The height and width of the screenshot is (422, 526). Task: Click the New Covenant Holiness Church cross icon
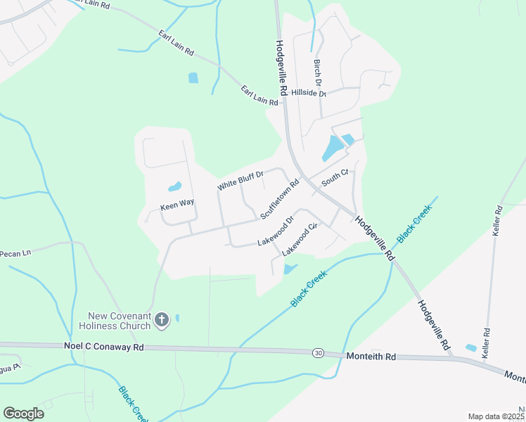pyautogui.click(x=161, y=321)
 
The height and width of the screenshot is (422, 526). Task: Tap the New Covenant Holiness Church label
pyautogui.click(x=120, y=321)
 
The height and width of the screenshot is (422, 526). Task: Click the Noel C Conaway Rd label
pyautogui.click(x=104, y=347)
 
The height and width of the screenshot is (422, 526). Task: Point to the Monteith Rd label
pyautogui.click(x=371, y=357)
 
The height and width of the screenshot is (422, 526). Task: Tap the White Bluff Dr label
pyautogui.click(x=240, y=181)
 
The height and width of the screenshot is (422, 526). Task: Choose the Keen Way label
pyautogui.click(x=177, y=203)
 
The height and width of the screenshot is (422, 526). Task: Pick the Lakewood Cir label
pyautogui.click(x=300, y=240)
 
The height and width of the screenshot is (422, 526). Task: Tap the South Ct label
pyautogui.click(x=335, y=178)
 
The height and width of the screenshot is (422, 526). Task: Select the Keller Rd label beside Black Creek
pyautogui.click(x=498, y=219)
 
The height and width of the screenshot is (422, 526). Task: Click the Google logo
pyautogui.click(x=23, y=413)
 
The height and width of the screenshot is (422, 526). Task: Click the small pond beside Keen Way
pyautogui.click(x=174, y=187)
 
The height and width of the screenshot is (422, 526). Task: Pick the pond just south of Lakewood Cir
pyautogui.click(x=290, y=269)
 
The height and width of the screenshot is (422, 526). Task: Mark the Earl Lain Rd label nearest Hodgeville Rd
pyautogui.click(x=259, y=96)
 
